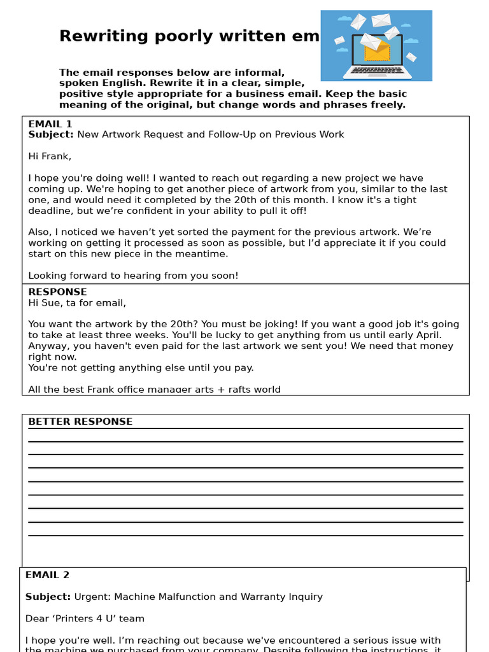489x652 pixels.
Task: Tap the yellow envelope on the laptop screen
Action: click(x=377, y=52)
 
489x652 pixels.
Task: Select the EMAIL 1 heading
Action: click(x=50, y=124)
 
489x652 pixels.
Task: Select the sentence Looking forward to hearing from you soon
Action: click(x=133, y=276)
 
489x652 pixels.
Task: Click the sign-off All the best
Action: click(x=56, y=389)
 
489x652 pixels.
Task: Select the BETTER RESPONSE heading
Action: click(x=80, y=422)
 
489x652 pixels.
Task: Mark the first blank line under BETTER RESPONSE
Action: click(x=245, y=429)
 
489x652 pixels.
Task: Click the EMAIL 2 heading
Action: click(x=47, y=575)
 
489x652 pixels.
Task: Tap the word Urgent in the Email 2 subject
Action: click(x=91, y=597)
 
